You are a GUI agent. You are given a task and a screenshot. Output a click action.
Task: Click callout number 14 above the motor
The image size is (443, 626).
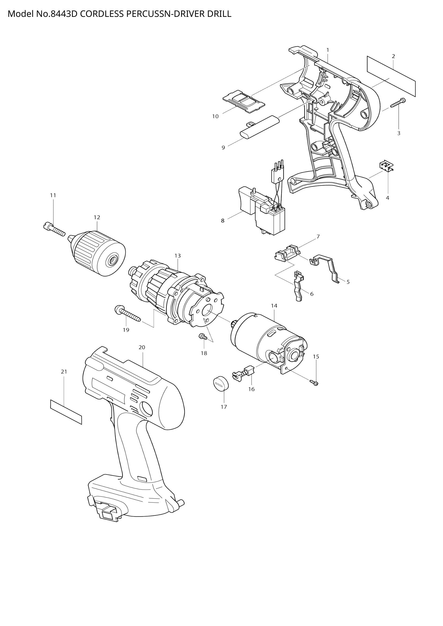coord(274,306)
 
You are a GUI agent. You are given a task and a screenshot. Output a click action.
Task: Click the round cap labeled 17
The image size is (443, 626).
coord(220,384)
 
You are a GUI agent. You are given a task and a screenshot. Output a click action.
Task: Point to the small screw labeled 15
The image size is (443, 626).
coord(315,383)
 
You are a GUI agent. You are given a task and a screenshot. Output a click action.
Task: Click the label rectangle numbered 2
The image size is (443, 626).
coord(391,76)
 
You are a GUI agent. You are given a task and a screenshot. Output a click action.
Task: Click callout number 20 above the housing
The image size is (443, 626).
coord(142,347)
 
